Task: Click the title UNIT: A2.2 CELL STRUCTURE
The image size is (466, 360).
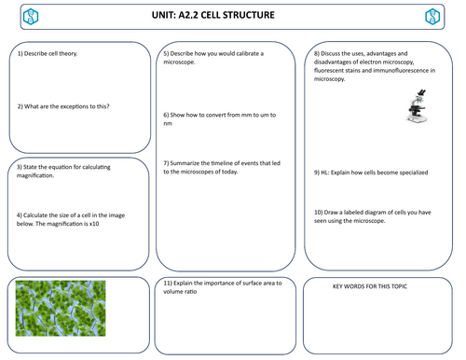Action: point(232,16)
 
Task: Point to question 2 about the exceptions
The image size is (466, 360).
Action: point(64,106)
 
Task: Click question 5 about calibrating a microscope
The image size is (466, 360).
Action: point(213,58)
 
